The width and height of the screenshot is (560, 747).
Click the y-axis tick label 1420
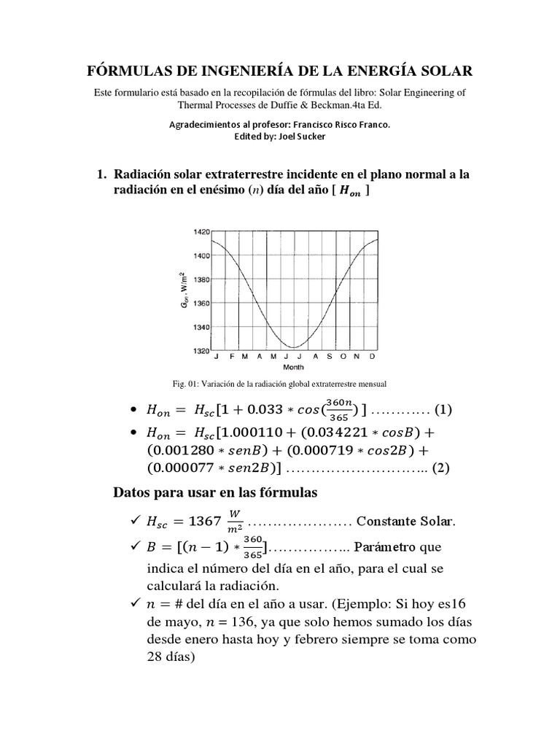[x=201, y=231]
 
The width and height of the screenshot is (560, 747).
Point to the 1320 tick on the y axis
[x=201, y=351]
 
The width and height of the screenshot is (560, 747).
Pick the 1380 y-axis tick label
[x=201, y=279]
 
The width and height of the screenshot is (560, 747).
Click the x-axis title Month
[x=293, y=368]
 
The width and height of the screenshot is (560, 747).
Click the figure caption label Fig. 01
[x=180, y=383]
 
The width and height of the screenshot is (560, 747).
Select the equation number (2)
[x=443, y=470]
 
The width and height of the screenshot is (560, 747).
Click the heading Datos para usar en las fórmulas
[x=215, y=493]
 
